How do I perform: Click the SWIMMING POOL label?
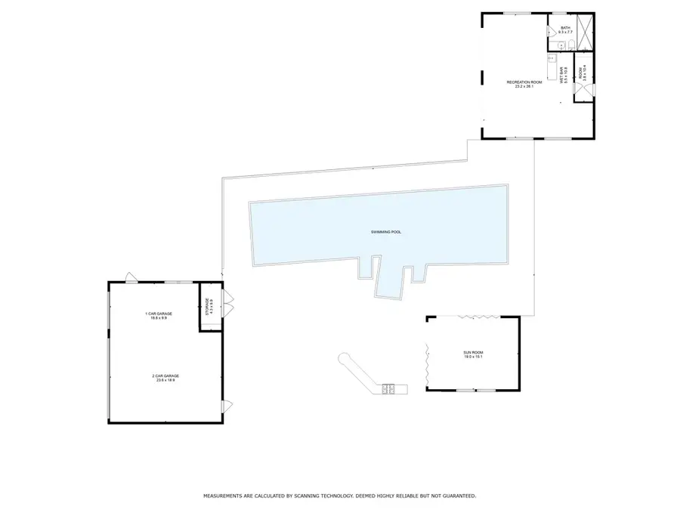point(385,232)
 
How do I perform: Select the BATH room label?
point(565,29)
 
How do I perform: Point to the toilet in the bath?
point(571,46)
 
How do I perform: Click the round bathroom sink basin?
point(554,46)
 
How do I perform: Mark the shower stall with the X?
point(585,32)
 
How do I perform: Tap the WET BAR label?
point(561,74)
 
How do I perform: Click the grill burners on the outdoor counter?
point(388,389)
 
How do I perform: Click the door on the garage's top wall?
point(131,277)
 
